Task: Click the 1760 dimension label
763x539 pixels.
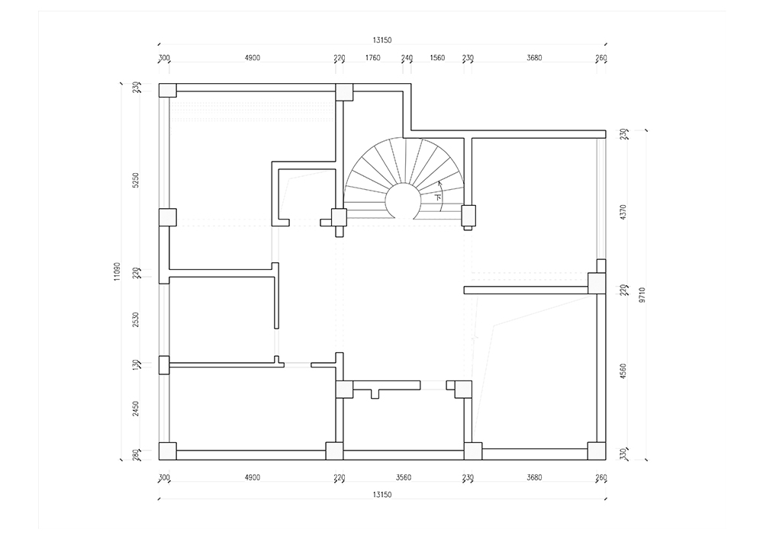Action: coord(373,58)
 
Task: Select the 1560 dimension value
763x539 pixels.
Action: coord(437,58)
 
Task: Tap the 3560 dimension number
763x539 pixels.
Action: coord(404,478)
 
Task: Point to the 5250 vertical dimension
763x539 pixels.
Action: coord(136,181)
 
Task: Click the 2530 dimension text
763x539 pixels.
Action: coord(136,319)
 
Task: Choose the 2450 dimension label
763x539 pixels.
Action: coord(136,409)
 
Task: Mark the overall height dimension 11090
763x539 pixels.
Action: coord(117,271)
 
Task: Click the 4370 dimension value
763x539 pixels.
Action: coord(624,213)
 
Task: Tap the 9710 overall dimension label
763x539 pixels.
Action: coord(642,295)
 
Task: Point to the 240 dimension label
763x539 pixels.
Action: coord(407,58)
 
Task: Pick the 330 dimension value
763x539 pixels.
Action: coord(624,454)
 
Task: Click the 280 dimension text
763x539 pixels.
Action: coord(136,454)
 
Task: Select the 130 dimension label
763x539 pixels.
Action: coord(136,365)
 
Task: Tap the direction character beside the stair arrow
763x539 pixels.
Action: coord(439,197)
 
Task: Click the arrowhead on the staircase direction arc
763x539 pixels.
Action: coord(439,183)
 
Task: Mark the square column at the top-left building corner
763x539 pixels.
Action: coord(167,91)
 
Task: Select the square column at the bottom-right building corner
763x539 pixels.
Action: coord(597,451)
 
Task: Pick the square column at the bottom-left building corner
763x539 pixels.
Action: coord(167,451)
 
